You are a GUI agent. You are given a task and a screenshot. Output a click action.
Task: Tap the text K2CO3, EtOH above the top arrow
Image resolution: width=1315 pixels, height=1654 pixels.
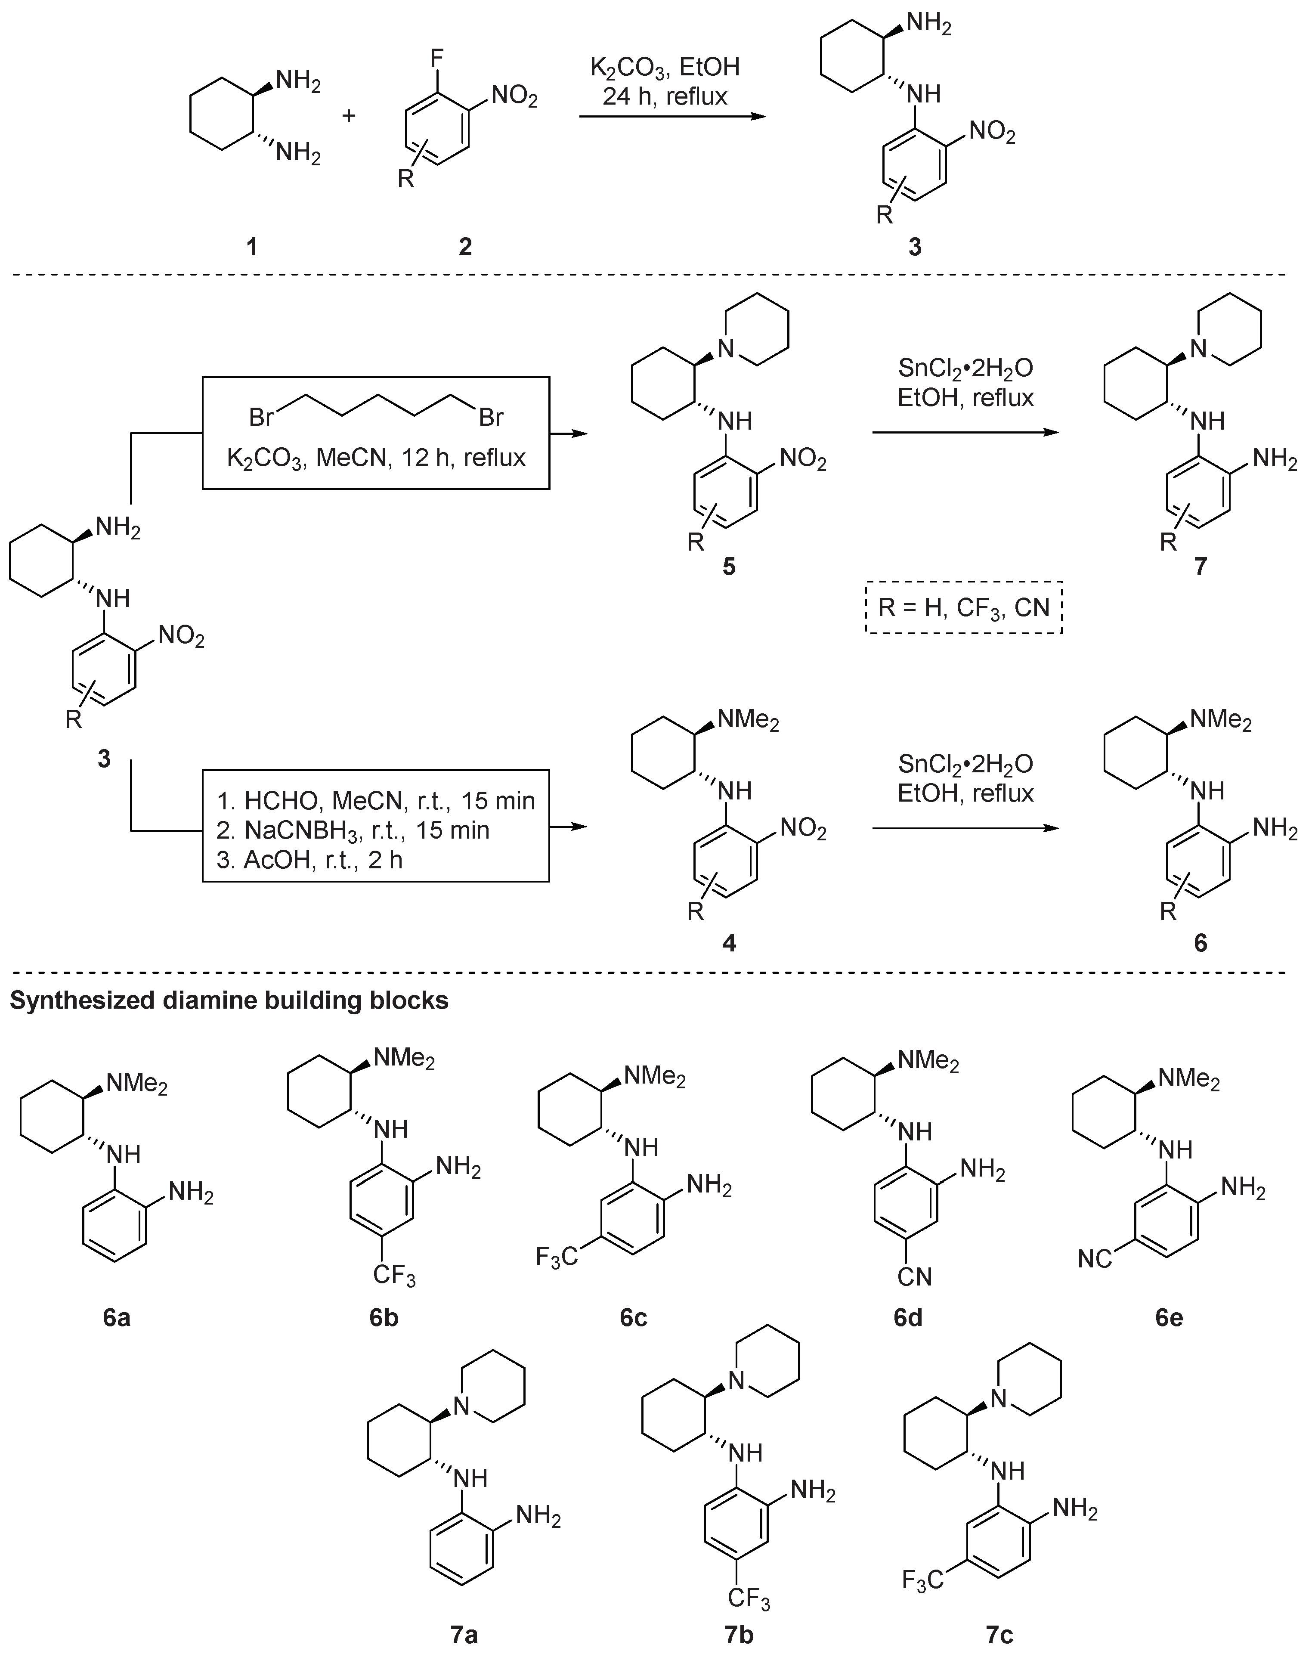pyautogui.click(x=665, y=68)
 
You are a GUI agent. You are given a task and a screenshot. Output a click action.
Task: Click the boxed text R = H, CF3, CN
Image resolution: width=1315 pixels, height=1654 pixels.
pyautogui.click(x=964, y=607)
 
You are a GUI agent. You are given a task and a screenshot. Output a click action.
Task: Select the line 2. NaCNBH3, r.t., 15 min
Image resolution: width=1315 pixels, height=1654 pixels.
pyautogui.click(x=353, y=830)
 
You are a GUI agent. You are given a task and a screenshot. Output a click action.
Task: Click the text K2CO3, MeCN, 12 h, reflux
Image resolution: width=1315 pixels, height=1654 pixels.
pyautogui.click(x=376, y=458)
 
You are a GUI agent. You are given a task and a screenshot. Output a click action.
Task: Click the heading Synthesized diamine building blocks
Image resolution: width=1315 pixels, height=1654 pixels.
pyautogui.click(x=229, y=1000)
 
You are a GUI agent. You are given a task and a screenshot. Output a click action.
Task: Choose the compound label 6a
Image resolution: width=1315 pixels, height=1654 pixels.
pyautogui.click(x=117, y=1318)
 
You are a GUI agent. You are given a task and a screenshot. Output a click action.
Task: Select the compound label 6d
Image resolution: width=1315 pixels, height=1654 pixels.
pyautogui.click(x=908, y=1318)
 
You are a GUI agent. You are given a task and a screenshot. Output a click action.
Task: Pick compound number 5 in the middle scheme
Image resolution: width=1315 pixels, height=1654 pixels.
pyautogui.click(x=729, y=567)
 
